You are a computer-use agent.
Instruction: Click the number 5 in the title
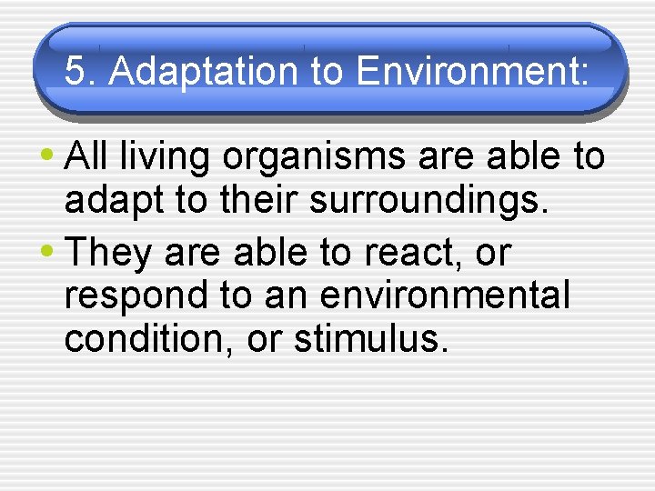[76, 72]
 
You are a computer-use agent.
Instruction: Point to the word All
[88, 156]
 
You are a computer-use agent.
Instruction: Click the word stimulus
[370, 338]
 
